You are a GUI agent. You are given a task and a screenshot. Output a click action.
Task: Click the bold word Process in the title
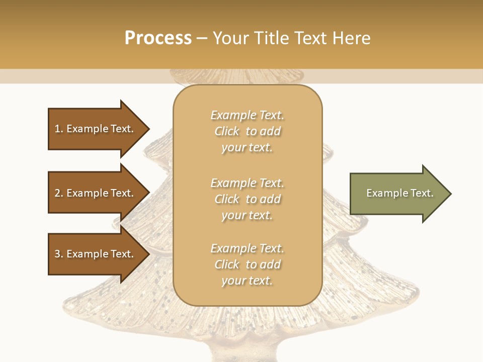158,38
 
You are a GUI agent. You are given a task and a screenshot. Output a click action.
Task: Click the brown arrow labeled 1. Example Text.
96,129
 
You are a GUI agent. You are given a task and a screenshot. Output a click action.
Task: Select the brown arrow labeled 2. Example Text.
96,193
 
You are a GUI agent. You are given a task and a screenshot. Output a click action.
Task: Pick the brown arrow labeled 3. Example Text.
96,254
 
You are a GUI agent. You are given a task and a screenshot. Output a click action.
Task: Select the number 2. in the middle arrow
59,193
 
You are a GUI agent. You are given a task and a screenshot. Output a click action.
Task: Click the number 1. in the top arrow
59,129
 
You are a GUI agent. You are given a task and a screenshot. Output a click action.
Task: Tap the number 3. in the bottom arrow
59,254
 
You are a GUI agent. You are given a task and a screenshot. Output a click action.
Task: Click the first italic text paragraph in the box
247,131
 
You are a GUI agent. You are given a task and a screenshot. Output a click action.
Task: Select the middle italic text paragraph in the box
247,199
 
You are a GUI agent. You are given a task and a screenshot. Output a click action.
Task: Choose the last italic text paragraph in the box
247,264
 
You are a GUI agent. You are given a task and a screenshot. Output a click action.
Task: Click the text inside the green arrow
399,193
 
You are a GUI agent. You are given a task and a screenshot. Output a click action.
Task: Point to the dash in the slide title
202,38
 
